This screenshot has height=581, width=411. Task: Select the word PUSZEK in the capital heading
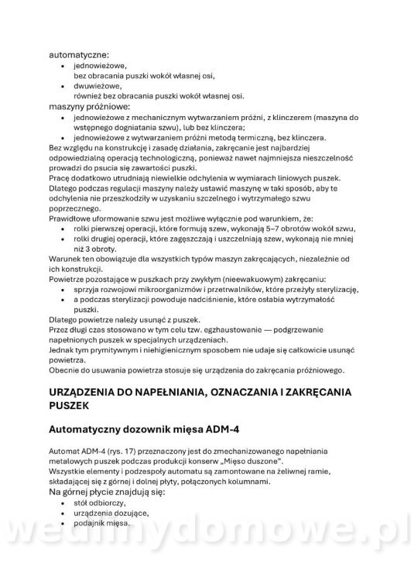[x=74, y=405]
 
